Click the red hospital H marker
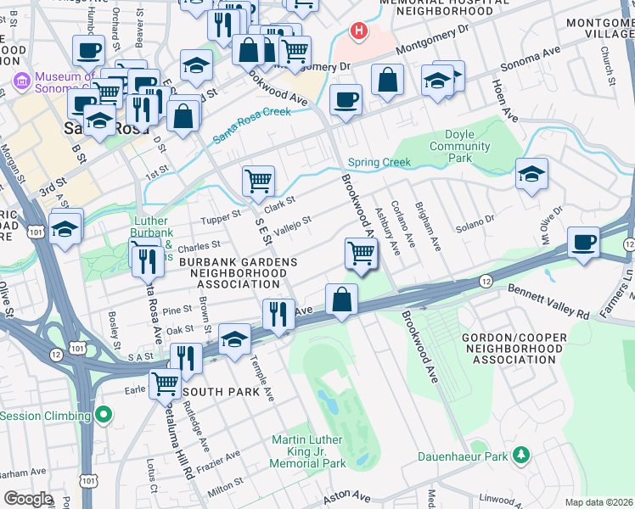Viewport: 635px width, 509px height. point(360,31)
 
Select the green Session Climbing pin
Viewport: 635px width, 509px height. point(104,416)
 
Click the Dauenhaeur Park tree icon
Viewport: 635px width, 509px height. point(522,456)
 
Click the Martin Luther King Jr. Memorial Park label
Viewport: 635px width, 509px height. point(307,451)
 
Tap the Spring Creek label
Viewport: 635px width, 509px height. point(379,162)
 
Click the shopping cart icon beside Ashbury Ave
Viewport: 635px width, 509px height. point(362,254)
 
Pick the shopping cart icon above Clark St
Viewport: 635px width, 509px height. point(258,181)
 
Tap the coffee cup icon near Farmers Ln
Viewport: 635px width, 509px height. point(583,242)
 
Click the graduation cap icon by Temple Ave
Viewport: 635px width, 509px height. point(234,340)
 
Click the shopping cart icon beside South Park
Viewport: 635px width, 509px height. point(165,384)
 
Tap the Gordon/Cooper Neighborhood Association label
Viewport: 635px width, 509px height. point(514,348)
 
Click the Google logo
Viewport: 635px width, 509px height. point(28,498)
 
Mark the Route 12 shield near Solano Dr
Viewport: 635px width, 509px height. point(485,280)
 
